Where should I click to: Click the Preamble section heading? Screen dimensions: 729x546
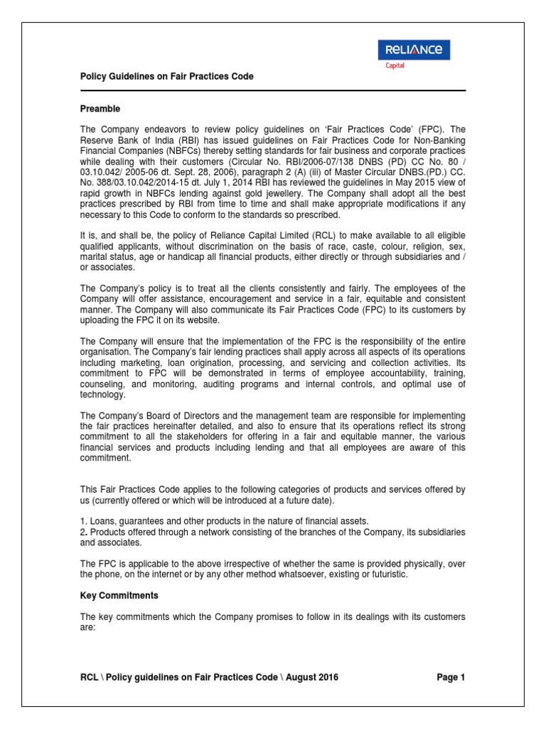(100, 109)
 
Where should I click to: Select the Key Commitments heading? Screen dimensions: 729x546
(119, 595)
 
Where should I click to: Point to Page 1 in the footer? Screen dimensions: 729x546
(450, 677)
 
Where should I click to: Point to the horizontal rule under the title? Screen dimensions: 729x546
(272, 90)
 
